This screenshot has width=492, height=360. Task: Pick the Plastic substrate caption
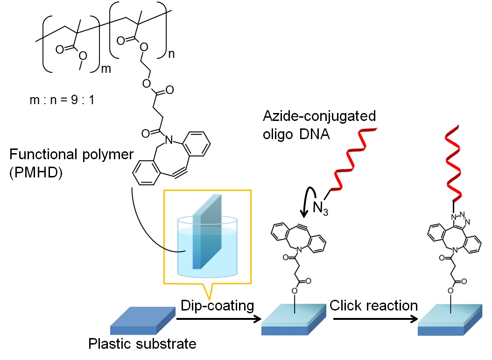click(x=142, y=345)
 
